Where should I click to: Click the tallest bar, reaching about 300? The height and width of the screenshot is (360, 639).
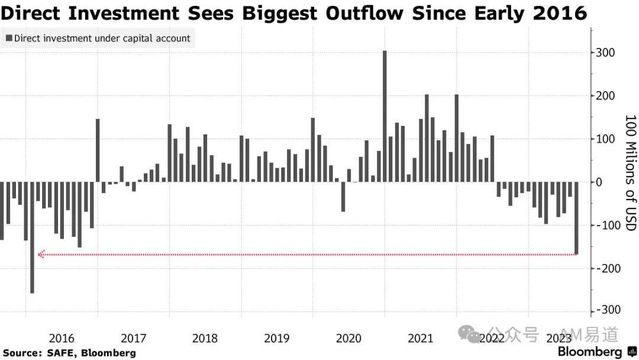click(x=385, y=116)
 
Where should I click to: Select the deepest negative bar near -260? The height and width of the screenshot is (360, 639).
click(x=32, y=237)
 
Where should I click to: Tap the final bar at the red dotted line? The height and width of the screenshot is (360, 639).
click(x=576, y=218)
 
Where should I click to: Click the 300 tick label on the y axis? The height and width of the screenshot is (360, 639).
click(x=605, y=53)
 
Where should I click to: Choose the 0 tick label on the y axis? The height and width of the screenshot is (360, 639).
click(x=599, y=182)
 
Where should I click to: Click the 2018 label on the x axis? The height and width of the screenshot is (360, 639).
click(x=205, y=339)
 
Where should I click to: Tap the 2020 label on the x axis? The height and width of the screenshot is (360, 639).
click(x=348, y=339)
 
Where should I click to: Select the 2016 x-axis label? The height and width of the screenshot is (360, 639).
click(x=62, y=339)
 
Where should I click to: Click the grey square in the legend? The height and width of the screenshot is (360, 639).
click(x=9, y=38)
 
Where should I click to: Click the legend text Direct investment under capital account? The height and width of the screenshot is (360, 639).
click(x=102, y=38)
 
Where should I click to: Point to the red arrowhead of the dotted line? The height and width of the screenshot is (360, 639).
click(x=41, y=255)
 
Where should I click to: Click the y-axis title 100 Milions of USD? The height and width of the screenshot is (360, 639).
click(x=631, y=173)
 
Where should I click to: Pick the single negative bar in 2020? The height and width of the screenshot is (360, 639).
click(x=343, y=197)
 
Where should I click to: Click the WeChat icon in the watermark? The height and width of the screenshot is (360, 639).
click(x=469, y=335)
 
